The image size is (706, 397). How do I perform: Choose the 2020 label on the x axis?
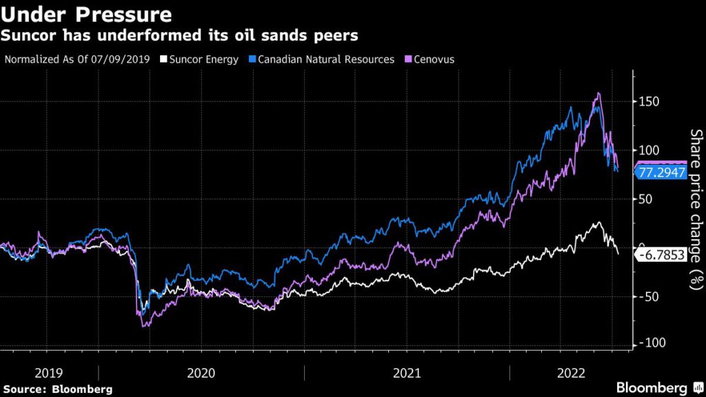click(x=201, y=373)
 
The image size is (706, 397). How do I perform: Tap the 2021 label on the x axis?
click(x=407, y=373)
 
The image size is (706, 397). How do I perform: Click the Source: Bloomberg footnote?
click(x=57, y=389)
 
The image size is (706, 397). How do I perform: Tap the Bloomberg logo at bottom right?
click(x=652, y=388)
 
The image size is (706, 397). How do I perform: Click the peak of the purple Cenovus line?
click(x=598, y=93)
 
